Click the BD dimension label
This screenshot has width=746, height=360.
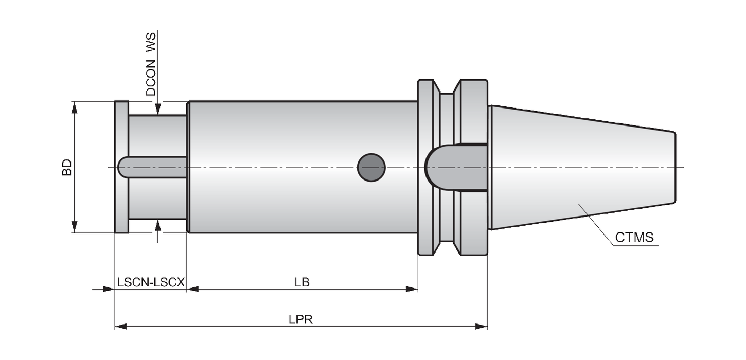click(x=67, y=167)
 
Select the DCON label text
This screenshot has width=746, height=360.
click(x=151, y=78)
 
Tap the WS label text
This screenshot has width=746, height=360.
click(x=151, y=42)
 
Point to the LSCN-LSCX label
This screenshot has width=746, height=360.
click(x=151, y=282)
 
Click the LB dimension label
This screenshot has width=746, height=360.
click(x=302, y=282)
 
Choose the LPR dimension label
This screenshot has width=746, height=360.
click(x=301, y=319)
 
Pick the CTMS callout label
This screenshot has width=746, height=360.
click(x=634, y=238)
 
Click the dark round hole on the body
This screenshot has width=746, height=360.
click(x=371, y=168)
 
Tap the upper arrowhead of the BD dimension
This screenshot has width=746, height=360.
click(x=74, y=108)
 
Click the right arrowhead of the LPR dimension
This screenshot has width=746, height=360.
click(x=481, y=327)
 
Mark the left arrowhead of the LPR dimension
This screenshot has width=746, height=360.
click(x=121, y=327)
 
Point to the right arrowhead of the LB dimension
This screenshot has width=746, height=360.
click(x=412, y=289)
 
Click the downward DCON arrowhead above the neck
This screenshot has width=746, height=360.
click(x=158, y=109)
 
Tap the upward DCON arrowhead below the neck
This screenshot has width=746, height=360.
click(x=158, y=225)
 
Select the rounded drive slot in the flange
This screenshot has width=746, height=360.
click(x=456, y=168)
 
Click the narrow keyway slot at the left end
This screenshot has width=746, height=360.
click(x=152, y=167)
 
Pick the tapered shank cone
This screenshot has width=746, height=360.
click(x=583, y=168)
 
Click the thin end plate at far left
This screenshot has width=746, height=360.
click(x=121, y=167)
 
